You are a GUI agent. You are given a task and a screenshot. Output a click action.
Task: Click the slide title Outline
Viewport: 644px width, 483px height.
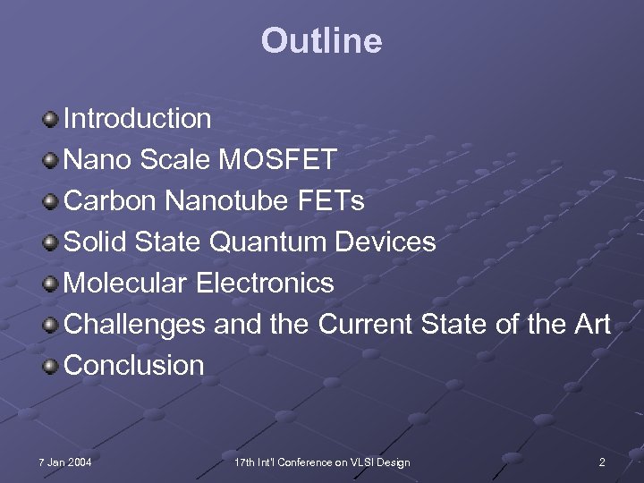(x=321, y=41)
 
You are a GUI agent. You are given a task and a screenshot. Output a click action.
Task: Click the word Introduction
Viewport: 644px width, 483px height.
(x=138, y=118)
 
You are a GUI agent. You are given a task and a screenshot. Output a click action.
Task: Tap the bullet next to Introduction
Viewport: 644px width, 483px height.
(x=53, y=118)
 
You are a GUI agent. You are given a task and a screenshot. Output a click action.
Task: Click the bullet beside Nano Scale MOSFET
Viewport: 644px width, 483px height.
(x=53, y=160)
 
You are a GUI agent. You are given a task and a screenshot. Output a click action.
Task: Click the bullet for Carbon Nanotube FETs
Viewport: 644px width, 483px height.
(x=53, y=201)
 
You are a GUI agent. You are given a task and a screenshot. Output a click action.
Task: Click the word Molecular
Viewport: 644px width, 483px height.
(x=126, y=284)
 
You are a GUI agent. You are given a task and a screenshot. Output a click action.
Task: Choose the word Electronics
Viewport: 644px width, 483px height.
(x=265, y=284)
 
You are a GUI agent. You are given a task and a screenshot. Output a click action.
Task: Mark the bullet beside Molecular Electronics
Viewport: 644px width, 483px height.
(x=53, y=284)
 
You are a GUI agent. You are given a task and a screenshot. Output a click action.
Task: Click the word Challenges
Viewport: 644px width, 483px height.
(x=135, y=325)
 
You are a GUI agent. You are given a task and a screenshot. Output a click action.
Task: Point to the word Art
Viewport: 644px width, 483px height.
(x=591, y=325)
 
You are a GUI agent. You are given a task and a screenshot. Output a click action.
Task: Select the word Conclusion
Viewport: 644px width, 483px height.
(x=135, y=366)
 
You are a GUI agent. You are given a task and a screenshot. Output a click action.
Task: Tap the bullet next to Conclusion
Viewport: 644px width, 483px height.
(x=53, y=366)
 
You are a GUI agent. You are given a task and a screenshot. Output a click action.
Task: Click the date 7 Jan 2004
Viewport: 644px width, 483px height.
(x=65, y=462)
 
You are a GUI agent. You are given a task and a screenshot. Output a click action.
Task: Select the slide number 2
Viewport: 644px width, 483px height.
(x=602, y=462)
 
